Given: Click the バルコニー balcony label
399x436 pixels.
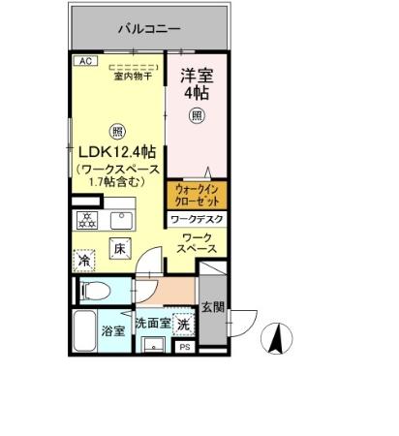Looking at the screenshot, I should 146,29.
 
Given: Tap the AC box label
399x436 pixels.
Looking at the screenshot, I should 84,60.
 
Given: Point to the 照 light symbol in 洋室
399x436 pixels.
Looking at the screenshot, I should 198,115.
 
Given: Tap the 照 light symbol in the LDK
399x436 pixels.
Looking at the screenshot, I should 117,132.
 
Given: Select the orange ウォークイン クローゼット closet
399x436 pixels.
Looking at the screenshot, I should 198,196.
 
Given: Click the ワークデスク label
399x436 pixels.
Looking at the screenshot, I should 198,221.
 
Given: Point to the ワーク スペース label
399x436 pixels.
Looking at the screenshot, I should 198,243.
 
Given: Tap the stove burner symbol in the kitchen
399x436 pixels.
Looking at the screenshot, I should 85,220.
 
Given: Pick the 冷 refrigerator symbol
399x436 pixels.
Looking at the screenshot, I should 84,262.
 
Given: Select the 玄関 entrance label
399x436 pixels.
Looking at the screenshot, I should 212,308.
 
